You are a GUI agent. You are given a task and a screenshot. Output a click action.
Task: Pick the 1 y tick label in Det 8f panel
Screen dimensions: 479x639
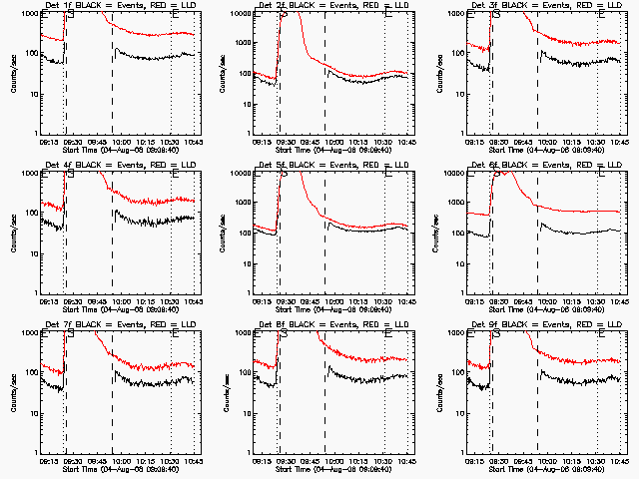[250, 452]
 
